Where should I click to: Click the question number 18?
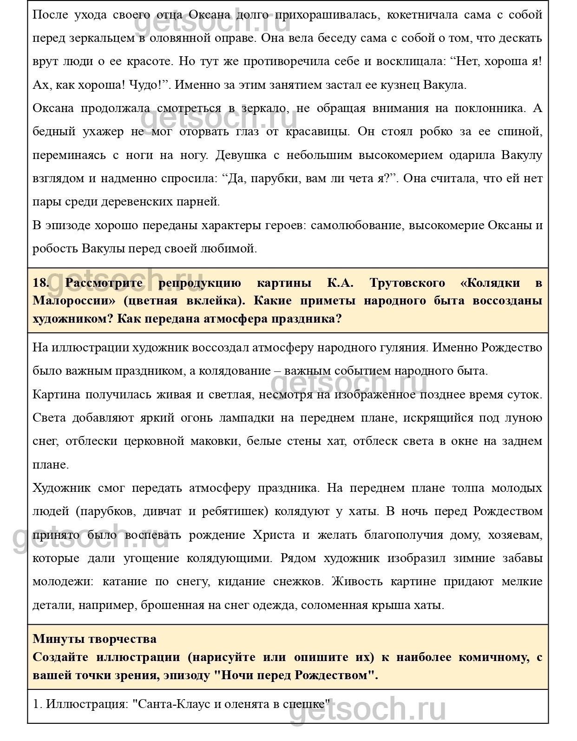click(x=41, y=283)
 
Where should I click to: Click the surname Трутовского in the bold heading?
click(x=407, y=283)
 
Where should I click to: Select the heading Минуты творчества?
click(x=94, y=639)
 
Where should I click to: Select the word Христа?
click(x=274, y=535)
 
